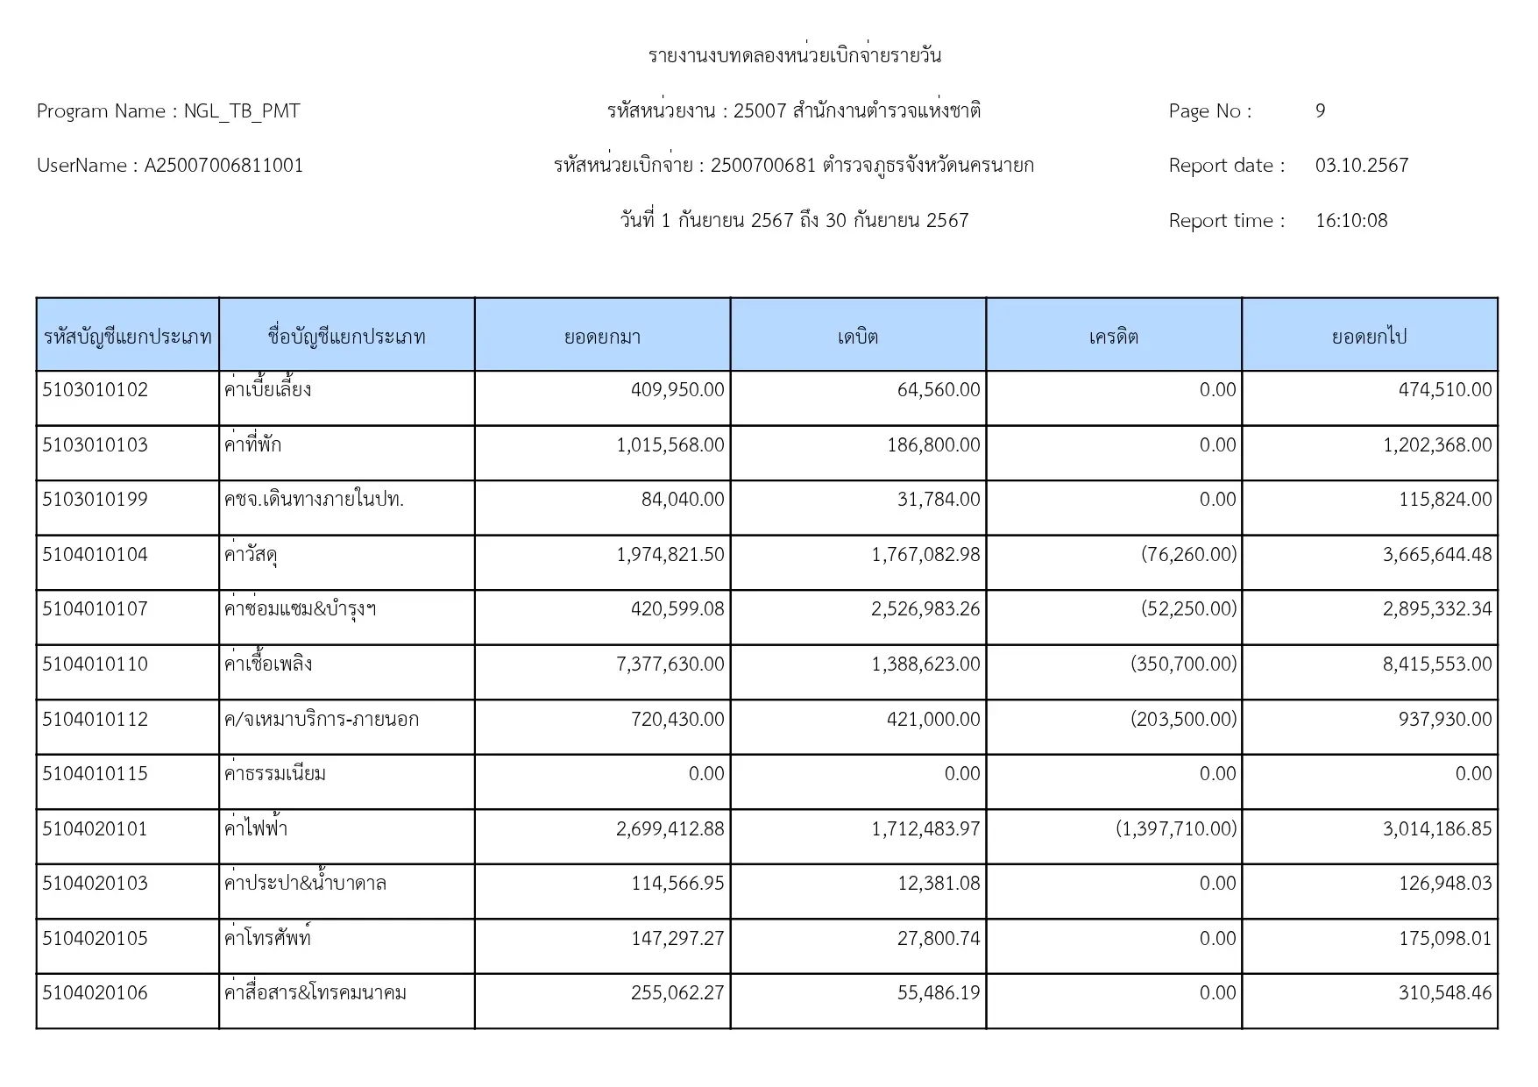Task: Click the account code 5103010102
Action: click(x=96, y=390)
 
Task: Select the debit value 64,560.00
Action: click(x=938, y=390)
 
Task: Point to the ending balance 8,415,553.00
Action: click(x=1436, y=664)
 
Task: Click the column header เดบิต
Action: click(x=857, y=337)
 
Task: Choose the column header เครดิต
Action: click(x=1113, y=337)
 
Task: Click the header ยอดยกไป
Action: click(x=1369, y=337)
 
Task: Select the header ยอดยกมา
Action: click(x=602, y=337)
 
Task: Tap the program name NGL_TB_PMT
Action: click(x=242, y=111)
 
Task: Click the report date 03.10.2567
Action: click(x=1361, y=166)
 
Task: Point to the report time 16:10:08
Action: click(x=1350, y=221)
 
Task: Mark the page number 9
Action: click(x=1320, y=111)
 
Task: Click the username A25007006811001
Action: click(x=223, y=166)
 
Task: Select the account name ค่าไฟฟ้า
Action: click(x=256, y=829)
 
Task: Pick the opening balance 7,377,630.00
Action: click(x=670, y=664)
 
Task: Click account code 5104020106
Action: click(x=96, y=993)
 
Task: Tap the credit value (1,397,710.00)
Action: click(x=1176, y=829)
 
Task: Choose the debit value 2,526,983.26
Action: click(x=925, y=609)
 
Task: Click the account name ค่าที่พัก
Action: click(x=252, y=445)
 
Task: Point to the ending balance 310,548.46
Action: click(x=1444, y=993)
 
